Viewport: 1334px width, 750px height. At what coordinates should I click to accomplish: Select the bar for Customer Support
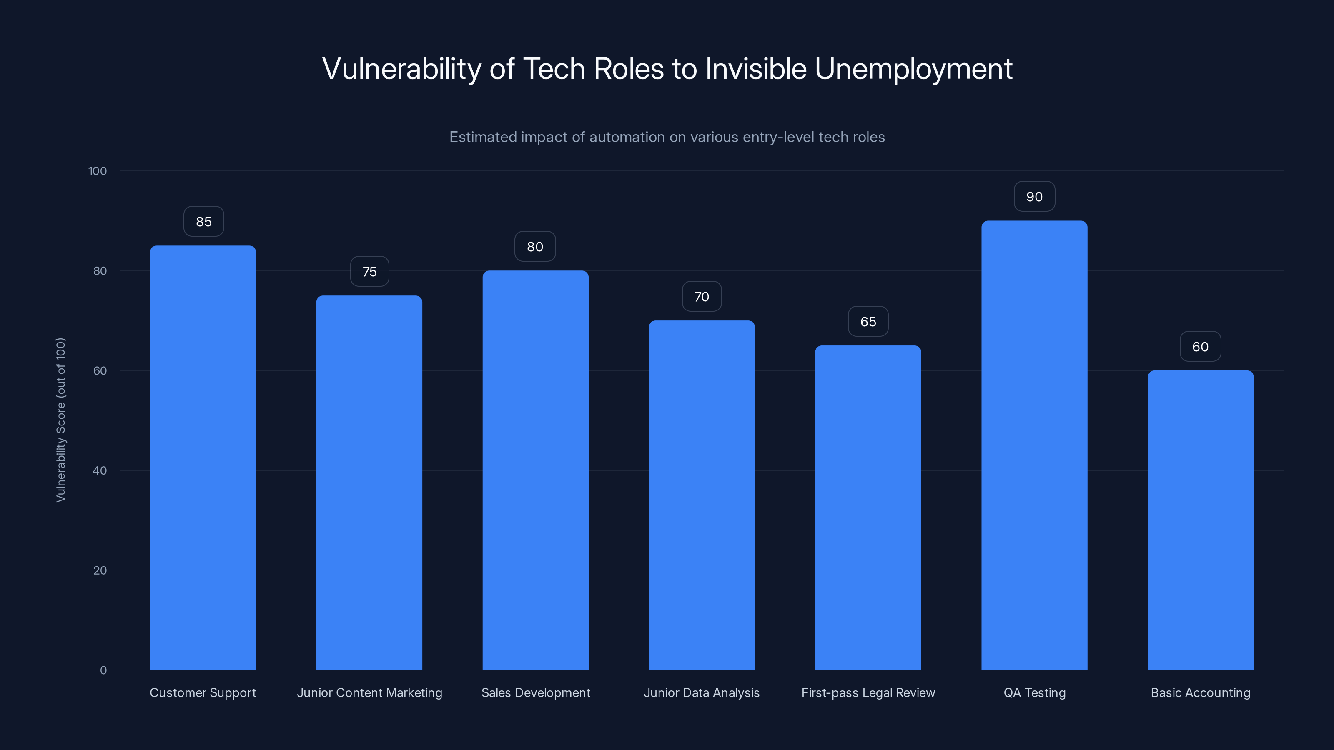click(203, 457)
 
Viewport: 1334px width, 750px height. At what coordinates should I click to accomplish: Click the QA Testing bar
click(1034, 445)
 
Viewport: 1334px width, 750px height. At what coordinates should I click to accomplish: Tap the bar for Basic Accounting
click(1201, 520)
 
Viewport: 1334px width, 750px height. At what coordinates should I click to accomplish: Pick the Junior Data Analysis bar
click(702, 495)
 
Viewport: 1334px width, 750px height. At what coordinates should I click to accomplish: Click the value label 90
click(1034, 197)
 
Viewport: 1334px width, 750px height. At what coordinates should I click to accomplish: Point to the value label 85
click(203, 222)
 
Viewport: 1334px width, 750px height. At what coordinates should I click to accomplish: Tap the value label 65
click(868, 321)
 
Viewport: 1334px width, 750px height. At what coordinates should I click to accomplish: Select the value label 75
click(369, 272)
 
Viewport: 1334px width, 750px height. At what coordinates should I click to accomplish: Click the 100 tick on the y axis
click(98, 171)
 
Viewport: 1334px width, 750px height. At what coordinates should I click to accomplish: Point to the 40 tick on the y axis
click(100, 470)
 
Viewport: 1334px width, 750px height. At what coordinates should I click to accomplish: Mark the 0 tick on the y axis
click(103, 670)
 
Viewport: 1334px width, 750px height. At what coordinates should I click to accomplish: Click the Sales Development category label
click(535, 692)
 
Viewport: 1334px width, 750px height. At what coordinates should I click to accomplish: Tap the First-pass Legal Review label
click(868, 692)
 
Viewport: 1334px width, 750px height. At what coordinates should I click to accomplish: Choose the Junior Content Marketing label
click(369, 692)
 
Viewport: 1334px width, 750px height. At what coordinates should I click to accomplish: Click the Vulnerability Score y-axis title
click(60, 420)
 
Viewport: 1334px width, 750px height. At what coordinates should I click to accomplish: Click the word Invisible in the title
click(755, 69)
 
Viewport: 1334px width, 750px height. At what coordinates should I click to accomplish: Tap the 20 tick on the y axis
click(100, 570)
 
